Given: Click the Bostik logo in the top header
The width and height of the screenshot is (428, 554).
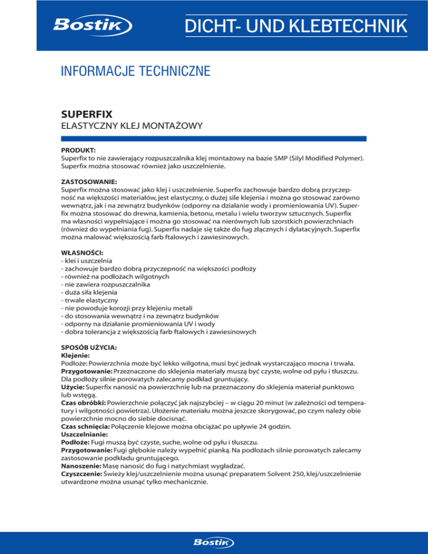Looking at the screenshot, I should point(92,26).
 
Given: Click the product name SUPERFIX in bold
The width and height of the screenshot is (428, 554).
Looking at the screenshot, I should point(86,114).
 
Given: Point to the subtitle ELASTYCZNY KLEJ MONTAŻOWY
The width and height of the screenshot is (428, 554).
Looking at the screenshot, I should point(130,127).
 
